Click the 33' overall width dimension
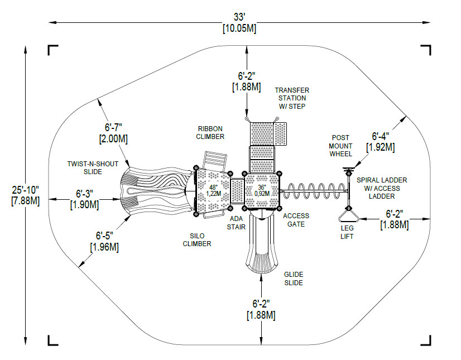click(239, 23)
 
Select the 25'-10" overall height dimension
click(25, 195)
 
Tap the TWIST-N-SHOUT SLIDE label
click(93, 167)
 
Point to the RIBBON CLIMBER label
click(210, 133)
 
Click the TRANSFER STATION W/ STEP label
click(292, 98)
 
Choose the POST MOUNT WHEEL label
click(340, 146)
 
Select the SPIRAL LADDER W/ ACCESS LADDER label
click(382, 188)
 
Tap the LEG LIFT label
click(347, 232)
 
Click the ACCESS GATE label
click(296, 220)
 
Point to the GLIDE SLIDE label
click(294, 279)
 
